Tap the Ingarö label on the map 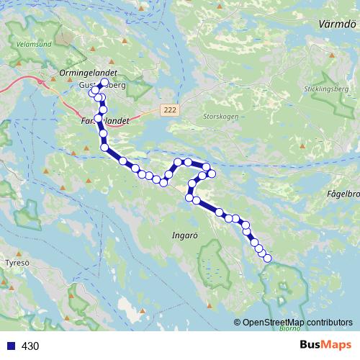[x=184, y=235]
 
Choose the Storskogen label [x=219, y=116]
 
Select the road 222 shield [x=168, y=109]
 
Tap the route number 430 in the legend [x=30, y=346]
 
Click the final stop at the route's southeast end [x=268, y=258]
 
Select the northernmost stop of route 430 [x=104, y=83]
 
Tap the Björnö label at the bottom [x=289, y=328]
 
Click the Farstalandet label [x=101, y=122]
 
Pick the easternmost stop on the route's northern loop [x=212, y=174]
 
